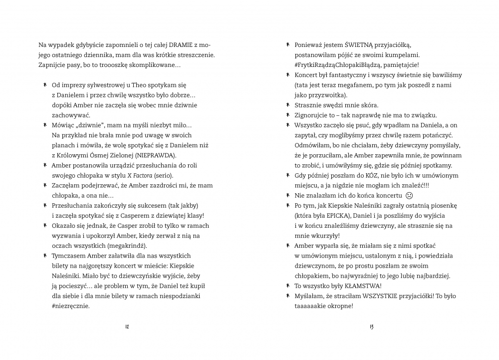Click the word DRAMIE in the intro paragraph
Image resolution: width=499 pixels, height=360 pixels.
click(175, 45)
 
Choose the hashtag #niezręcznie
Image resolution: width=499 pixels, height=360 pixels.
click(71, 306)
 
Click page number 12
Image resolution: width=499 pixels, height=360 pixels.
click(127, 327)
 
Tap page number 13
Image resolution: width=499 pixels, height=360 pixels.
click(371, 327)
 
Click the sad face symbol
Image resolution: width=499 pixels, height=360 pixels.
click(409, 195)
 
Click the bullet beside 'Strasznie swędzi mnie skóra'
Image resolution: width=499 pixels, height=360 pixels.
click(288, 105)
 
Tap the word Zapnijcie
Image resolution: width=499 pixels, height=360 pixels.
click(52, 65)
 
